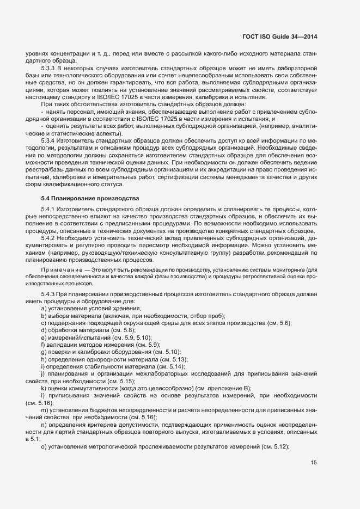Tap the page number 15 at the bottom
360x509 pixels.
coord(314,463)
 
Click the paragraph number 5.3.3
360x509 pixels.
coord(50,68)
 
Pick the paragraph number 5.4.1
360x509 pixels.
coord(50,209)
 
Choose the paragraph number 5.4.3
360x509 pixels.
coord(50,295)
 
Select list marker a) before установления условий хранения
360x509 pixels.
coord(43,309)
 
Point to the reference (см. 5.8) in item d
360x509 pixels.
coord(121,330)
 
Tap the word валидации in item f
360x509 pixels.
coord(60,344)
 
